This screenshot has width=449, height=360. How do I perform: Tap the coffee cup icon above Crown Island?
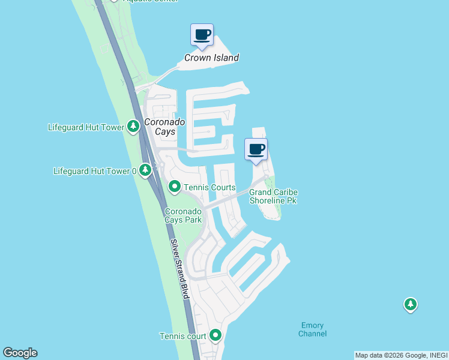point(202,35)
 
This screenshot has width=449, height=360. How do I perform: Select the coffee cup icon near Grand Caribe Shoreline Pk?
point(256,149)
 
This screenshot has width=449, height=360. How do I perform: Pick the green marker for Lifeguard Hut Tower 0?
point(145,170)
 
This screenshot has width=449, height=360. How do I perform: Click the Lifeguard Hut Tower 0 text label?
point(95,171)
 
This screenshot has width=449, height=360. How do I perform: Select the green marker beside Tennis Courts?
point(174,187)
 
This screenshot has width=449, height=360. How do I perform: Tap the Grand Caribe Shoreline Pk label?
point(273,196)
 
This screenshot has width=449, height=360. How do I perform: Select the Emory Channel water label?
point(313,329)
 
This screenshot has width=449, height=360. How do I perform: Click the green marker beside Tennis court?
point(215,335)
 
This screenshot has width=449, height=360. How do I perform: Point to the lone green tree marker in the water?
point(410,305)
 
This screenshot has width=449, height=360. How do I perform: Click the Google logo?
point(20,353)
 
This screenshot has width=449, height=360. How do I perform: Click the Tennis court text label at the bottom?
point(182,336)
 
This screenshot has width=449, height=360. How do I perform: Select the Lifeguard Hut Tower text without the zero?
point(86,127)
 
